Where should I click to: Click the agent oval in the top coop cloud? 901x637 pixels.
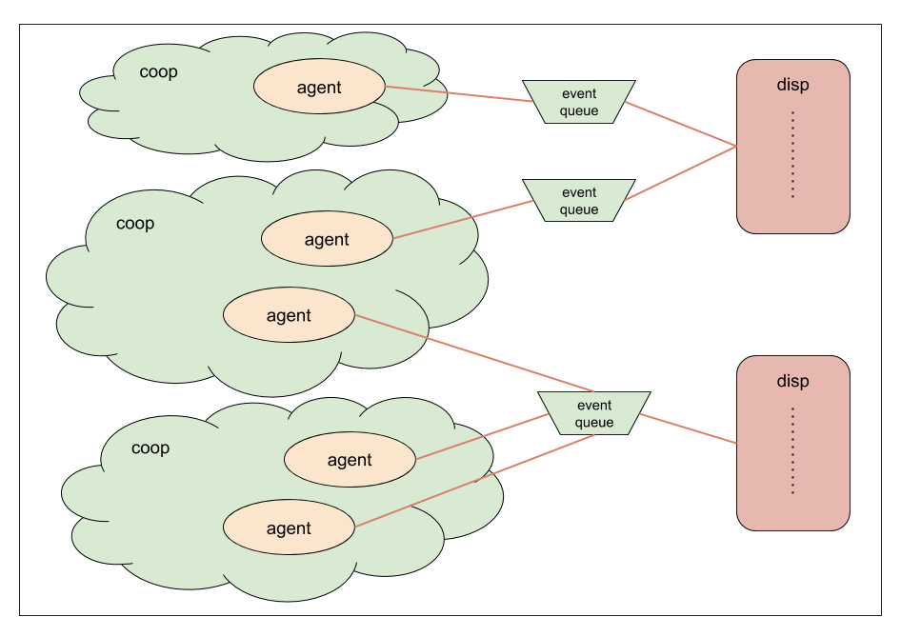tap(319, 88)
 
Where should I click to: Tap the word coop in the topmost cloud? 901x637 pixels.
tap(158, 71)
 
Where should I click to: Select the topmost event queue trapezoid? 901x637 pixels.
tap(579, 102)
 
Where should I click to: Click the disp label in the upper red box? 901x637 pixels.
tap(792, 85)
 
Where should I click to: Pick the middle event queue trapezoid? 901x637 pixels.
tap(579, 201)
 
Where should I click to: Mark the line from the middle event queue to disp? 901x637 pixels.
tap(681, 174)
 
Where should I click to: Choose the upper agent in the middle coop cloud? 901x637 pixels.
tap(327, 239)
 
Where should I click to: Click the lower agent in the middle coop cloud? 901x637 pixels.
tap(289, 315)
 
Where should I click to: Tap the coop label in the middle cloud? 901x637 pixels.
tap(135, 224)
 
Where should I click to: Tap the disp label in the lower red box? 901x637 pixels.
tap(792, 381)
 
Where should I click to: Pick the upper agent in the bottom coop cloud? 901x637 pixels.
tap(350, 460)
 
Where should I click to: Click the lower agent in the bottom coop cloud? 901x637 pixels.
tap(289, 528)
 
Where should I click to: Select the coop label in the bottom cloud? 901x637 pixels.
tap(150, 448)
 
